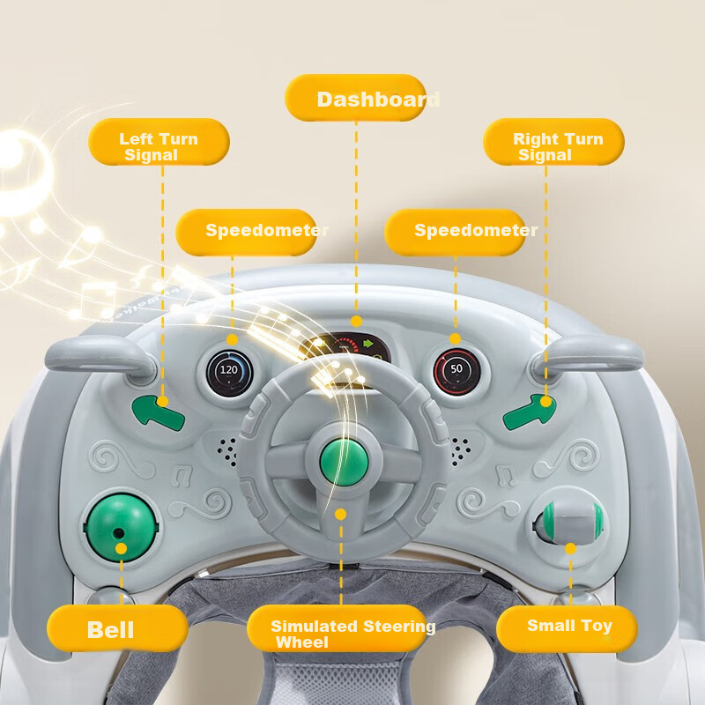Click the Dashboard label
(356, 98)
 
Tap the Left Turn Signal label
(160, 142)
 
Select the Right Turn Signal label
(554, 142)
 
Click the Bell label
(117, 628)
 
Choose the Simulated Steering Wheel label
(337, 628)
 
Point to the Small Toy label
(567, 628)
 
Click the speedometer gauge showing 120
(230, 373)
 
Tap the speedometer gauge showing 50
(456, 372)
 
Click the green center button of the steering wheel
(344, 463)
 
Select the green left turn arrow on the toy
(158, 412)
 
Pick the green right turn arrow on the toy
(530, 411)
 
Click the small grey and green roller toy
(571, 522)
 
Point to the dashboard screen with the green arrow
(345, 348)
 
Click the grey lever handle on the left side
(100, 358)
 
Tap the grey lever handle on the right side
(588, 357)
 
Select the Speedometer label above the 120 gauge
(247, 232)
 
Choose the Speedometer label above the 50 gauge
(455, 232)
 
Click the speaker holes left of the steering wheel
(227, 451)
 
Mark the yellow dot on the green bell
(121, 548)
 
